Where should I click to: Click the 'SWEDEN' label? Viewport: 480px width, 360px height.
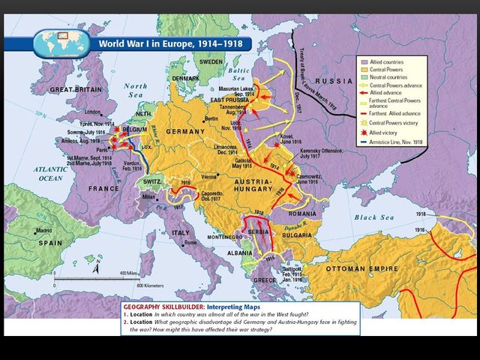pyautogui.click(x=211, y=61)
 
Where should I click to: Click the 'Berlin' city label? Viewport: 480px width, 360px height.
pyautogui.click(x=212, y=119)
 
